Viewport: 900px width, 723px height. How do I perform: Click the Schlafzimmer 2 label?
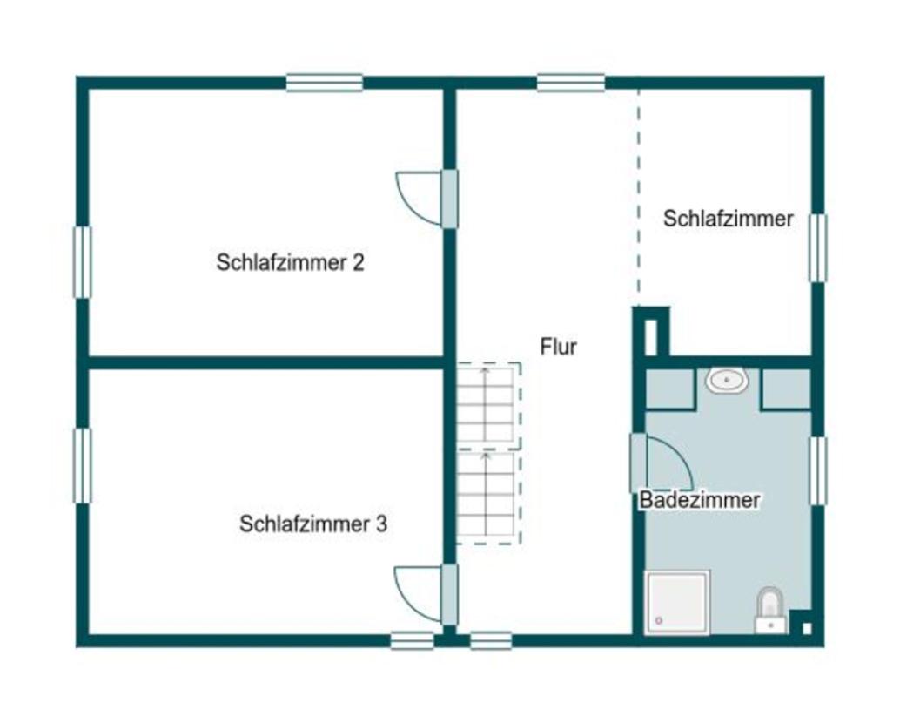pyautogui.click(x=290, y=262)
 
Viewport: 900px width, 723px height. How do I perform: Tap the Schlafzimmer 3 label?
pyautogui.click(x=313, y=524)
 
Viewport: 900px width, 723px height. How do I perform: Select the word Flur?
pyautogui.click(x=559, y=347)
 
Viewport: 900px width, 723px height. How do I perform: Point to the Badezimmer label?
pyautogui.click(x=700, y=500)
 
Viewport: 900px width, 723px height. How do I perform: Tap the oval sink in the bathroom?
pyautogui.click(x=728, y=381)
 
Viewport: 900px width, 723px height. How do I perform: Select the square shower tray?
pyautogui.click(x=677, y=603)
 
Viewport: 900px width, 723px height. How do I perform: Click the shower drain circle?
pyautogui.click(x=658, y=621)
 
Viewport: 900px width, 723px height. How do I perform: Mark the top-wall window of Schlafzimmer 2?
pyautogui.click(x=325, y=83)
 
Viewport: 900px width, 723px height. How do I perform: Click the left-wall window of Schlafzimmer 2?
pyautogui.click(x=83, y=262)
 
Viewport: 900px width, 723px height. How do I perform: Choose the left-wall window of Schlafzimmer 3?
pyautogui.click(x=83, y=466)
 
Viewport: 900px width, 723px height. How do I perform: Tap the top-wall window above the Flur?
pyautogui.click(x=571, y=83)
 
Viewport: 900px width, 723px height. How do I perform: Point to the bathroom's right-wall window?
pyautogui.click(x=818, y=471)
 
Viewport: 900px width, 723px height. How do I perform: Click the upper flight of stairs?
pyautogui.click(x=489, y=405)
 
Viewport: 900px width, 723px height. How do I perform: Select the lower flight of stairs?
pyautogui.click(x=489, y=497)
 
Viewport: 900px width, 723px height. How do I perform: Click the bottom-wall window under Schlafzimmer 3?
pyautogui.click(x=412, y=640)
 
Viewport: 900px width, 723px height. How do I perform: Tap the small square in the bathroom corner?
pyautogui.click(x=807, y=629)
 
